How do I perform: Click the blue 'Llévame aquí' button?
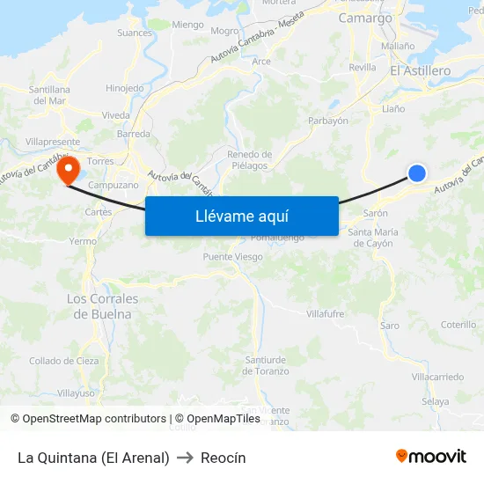(242, 216)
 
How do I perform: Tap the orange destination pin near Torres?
(68, 170)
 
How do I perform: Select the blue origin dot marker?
(417, 173)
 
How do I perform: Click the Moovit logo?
(431, 456)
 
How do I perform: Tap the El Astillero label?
(420, 70)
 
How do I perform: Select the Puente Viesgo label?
(232, 257)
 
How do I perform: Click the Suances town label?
(135, 33)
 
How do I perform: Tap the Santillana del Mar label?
(49, 95)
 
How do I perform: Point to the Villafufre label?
(325, 313)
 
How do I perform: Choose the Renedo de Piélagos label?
(249, 159)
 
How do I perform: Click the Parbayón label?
(328, 121)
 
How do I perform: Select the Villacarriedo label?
(437, 377)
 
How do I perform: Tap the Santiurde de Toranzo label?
(265, 365)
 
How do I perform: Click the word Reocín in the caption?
(223, 458)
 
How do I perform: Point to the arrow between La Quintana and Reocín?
(185, 458)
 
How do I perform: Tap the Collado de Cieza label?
(63, 361)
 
